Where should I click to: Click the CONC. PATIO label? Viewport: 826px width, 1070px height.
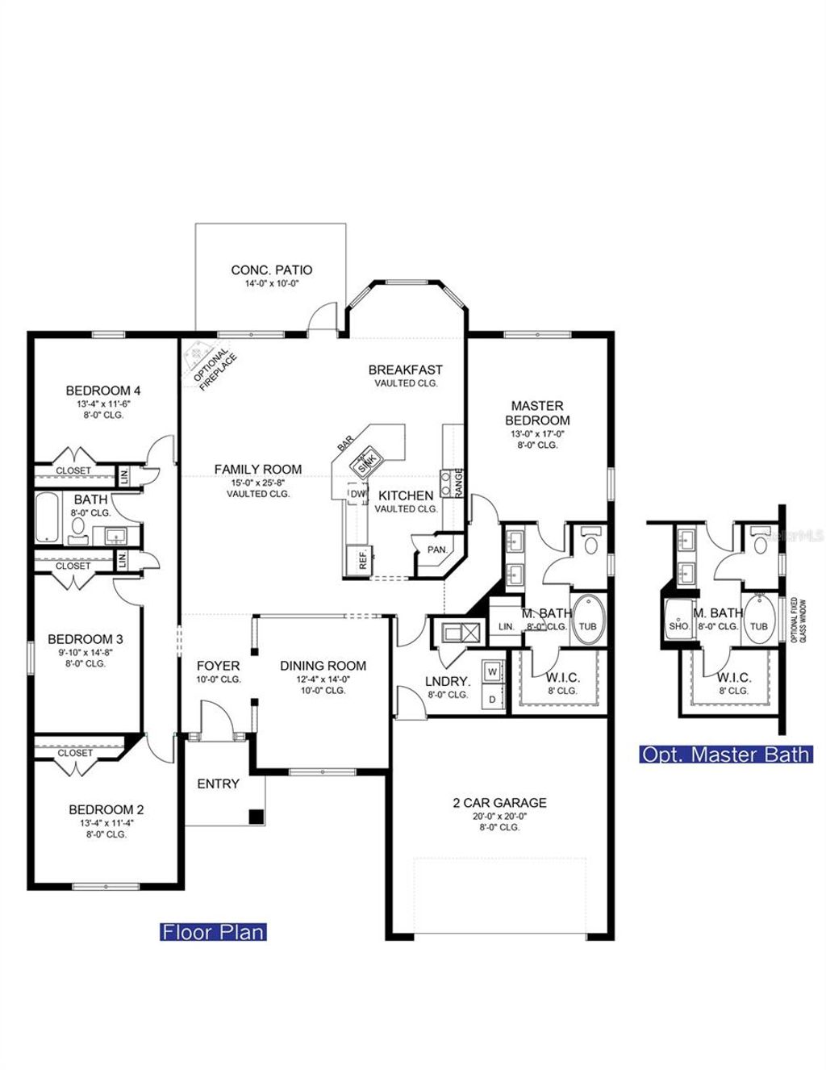271,270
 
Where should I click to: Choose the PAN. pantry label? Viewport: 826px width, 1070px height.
437,550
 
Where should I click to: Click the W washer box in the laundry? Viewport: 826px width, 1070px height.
492,672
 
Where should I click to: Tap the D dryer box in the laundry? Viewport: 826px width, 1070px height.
492,700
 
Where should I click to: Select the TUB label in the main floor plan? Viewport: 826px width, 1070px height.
588,626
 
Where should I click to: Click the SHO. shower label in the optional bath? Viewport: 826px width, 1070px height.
678,626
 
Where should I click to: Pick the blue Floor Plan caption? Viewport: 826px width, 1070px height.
213,932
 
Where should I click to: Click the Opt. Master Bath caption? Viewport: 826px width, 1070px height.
725,754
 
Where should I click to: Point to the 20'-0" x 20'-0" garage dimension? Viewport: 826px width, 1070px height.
499,816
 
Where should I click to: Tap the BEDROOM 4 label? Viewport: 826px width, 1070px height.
103,391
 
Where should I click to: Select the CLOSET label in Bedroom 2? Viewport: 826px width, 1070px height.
75,753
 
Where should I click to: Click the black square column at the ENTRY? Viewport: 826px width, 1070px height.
256,816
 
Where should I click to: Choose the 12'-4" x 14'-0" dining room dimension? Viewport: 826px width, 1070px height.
323,679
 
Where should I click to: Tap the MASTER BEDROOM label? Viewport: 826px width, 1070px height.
537,412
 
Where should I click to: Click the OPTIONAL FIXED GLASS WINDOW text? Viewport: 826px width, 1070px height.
798,620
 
